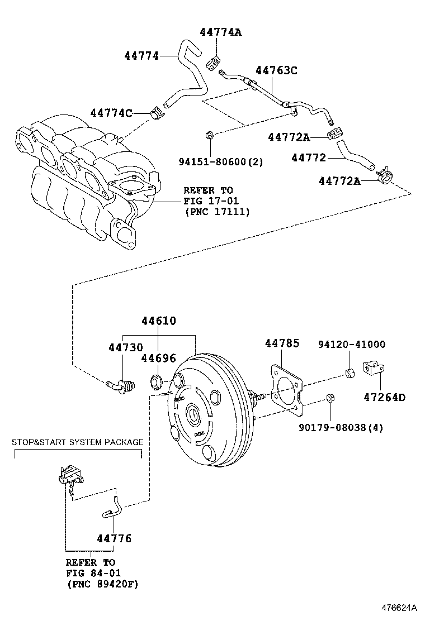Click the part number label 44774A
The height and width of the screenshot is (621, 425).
click(x=220, y=32)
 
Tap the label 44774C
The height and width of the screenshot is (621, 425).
click(x=111, y=113)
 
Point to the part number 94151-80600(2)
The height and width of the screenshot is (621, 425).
click(x=221, y=162)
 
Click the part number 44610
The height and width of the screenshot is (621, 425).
click(x=158, y=321)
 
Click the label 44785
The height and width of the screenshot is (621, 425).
click(x=282, y=343)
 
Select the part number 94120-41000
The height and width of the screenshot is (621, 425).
click(x=352, y=345)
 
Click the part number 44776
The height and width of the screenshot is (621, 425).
click(x=114, y=538)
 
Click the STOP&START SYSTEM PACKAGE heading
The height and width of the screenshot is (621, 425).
click(x=78, y=442)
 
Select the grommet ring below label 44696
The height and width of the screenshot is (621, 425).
click(x=155, y=383)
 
